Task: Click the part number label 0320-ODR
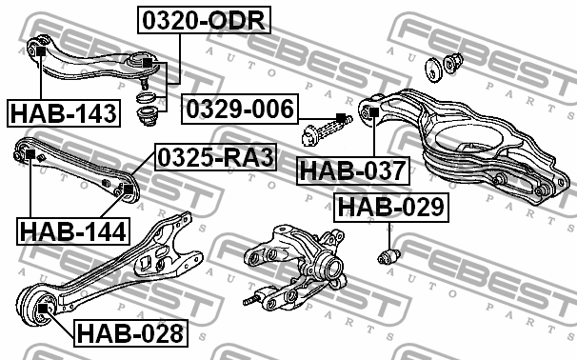205,18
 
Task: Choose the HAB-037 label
353,171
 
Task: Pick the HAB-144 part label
71,230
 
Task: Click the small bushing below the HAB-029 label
389,256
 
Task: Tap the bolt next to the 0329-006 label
329,126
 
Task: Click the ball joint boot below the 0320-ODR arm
148,119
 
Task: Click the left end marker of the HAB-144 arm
30,154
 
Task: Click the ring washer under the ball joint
146,98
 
